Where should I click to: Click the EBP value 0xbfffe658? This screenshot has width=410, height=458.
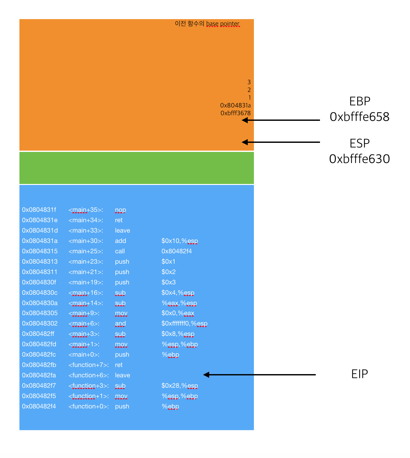(x=359, y=117)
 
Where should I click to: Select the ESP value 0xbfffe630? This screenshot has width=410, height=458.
(x=359, y=159)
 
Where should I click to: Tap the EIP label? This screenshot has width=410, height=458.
(x=359, y=374)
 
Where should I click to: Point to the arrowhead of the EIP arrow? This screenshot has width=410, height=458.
(x=206, y=375)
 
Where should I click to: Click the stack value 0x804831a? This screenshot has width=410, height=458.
(x=235, y=105)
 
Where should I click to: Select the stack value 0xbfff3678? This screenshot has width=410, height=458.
(x=235, y=113)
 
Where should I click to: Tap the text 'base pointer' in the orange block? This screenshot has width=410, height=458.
(x=223, y=24)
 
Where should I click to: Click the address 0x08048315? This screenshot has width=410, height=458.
(x=40, y=251)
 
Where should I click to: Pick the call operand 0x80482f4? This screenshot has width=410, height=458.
(x=177, y=251)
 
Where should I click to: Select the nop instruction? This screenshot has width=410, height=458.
(x=120, y=210)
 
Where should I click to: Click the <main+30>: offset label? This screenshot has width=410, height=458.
(x=86, y=241)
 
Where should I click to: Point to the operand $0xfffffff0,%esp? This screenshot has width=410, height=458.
(x=184, y=323)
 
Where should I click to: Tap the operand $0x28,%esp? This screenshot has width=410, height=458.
(x=180, y=385)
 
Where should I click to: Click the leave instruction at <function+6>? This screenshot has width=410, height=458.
(x=122, y=375)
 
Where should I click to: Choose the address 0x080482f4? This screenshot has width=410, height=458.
(x=39, y=406)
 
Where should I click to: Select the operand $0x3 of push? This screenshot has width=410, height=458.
(x=168, y=282)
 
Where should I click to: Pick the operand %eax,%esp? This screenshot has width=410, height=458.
(x=179, y=303)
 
